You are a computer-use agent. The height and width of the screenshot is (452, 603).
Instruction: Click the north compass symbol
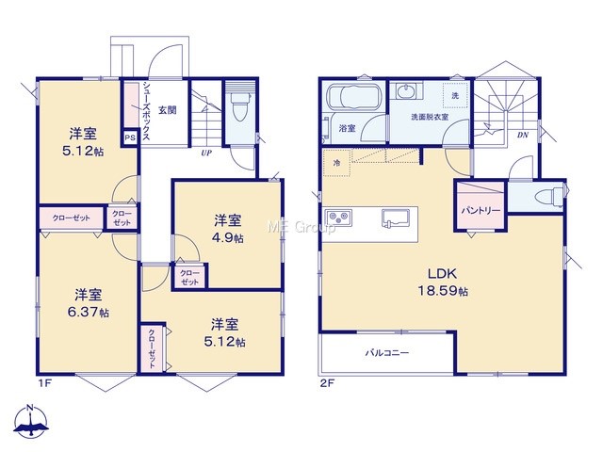(x=31, y=421)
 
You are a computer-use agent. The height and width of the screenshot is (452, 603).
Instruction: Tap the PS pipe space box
(x=130, y=137)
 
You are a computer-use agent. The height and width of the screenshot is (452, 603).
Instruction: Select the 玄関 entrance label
(x=168, y=110)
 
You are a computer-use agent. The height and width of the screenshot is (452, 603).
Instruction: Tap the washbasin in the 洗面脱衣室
(x=404, y=91)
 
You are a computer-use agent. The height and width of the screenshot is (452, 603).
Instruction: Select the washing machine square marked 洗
(x=455, y=95)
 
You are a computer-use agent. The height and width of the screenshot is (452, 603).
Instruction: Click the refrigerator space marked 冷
(x=337, y=163)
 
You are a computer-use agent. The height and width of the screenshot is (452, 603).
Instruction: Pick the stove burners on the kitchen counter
(x=339, y=218)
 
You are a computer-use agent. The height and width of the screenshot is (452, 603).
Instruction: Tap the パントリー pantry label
(x=481, y=210)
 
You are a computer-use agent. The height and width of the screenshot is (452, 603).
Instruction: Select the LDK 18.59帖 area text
(x=443, y=282)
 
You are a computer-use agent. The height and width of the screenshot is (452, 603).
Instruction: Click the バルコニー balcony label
(x=387, y=352)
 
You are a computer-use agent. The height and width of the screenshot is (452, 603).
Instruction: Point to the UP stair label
(x=206, y=153)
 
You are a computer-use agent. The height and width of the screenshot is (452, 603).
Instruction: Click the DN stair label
(x=522, y=135)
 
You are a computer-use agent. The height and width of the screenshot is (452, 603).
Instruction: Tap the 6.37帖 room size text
(x=88, y=312)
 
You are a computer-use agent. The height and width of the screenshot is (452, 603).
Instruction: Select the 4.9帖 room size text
(x=227, y=237)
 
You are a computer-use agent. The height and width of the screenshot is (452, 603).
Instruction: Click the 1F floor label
(x=44, y=383)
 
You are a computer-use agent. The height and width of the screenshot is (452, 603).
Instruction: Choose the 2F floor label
(x=328, y=383)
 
